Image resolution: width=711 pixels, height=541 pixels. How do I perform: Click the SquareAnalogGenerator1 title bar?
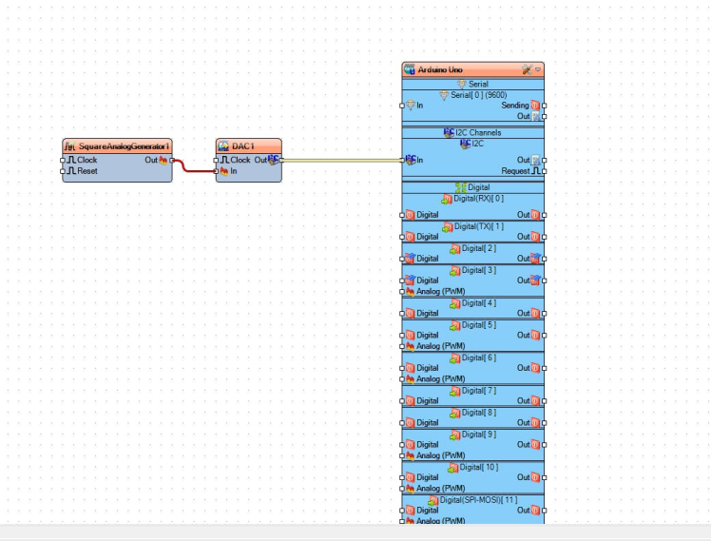(x=123, y=146)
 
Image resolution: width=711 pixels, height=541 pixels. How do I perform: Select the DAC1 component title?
(x=243, y=146)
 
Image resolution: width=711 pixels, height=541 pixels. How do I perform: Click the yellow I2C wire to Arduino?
(x=342, y=160)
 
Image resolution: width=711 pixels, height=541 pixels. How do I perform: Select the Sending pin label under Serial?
(x=514, y=106)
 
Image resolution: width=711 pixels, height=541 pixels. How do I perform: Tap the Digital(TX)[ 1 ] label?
(x=478, y=226)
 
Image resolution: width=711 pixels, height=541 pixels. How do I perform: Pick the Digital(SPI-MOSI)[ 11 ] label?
(x=478, y=499)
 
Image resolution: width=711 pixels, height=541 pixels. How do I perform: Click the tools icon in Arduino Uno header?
(x=526, y=70)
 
